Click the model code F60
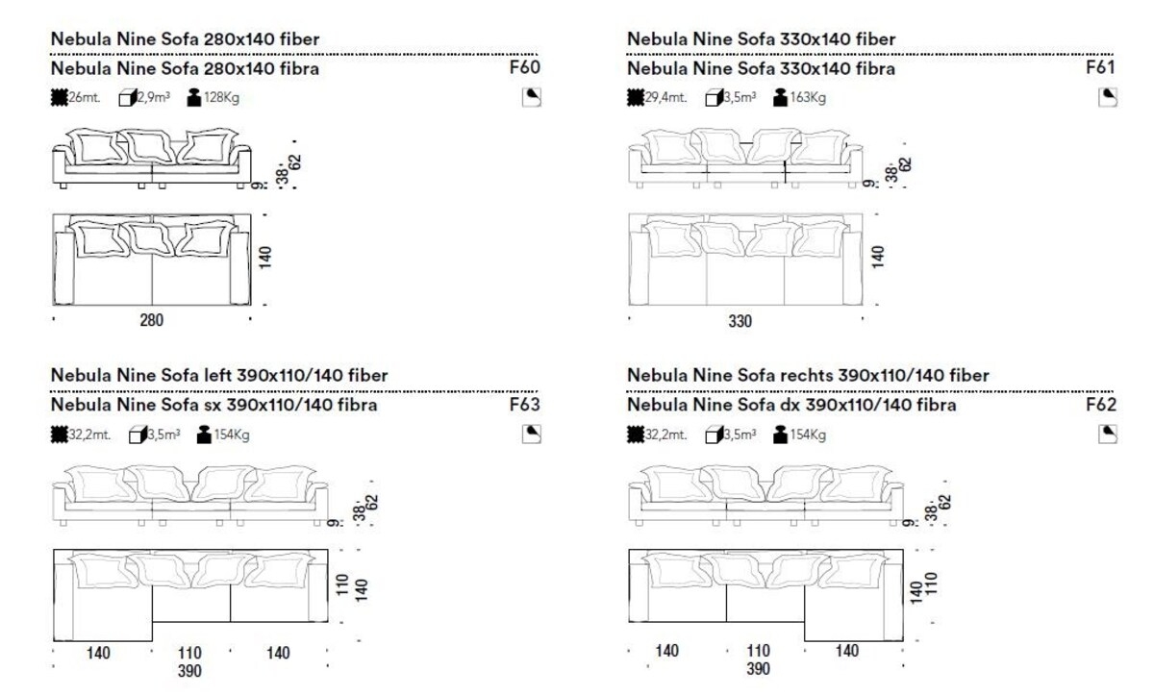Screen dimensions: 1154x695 point(524,67)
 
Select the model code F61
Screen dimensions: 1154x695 point(1100,67)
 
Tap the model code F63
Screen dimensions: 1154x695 point(524,405)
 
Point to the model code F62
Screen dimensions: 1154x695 point(1101,405)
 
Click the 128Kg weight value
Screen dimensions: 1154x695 point(221,97)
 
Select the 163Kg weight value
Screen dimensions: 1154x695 point(808,97)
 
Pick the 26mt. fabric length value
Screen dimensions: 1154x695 point(85,97)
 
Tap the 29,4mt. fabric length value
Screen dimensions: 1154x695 point(666,97)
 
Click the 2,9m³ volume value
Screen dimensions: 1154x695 point(154,97)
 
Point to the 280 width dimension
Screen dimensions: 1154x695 point(152,320)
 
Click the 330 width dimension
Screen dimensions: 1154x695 point(740,321)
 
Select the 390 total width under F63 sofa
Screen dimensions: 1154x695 point(189,671)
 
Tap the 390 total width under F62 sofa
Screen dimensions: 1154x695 point(758,669)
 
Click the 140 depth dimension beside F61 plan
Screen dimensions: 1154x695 point(878,257)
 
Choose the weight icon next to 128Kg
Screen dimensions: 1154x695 point(193,97)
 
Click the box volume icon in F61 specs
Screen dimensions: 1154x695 point(714,97)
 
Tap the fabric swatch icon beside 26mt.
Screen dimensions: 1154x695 point(60,97)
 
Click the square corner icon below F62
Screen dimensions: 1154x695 point(1108,434)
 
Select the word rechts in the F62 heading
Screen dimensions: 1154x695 point(808,375)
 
